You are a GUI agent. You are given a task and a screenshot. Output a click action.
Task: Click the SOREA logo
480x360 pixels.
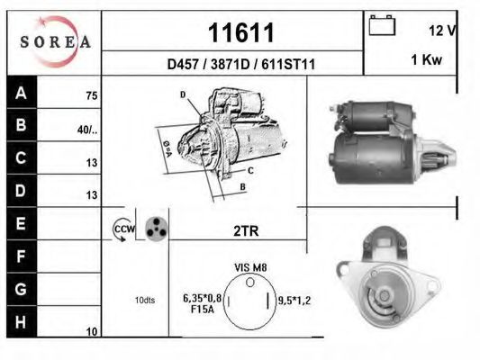(x=54, y=41)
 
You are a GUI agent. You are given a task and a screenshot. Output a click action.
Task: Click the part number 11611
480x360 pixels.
(x=240, y=32)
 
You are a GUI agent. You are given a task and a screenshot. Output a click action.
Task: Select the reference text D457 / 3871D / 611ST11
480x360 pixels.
(x=240, y=64)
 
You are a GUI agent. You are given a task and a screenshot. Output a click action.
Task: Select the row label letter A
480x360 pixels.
(x=22, y=92)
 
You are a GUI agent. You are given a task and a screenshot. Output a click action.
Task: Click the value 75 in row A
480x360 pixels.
(x=91, y=95)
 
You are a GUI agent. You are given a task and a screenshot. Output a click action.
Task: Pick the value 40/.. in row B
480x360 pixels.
(x=87, y=129)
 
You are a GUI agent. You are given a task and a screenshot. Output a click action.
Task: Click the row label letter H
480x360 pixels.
(x=22, y=320)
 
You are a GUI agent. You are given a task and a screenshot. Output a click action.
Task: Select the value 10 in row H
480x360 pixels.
(x=92, y=332)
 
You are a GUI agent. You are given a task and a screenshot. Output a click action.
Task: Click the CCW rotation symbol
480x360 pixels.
(x=122, y=230)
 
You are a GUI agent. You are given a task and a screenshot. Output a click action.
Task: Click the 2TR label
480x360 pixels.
(x=245, y=231)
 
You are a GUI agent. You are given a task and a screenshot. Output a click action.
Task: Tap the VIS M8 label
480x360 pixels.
(x=251, y=267)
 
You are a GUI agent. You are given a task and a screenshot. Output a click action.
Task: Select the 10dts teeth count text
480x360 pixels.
(x=144, y=300)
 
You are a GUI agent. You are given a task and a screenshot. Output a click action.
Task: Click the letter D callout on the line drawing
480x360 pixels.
(x=182, y=94)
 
